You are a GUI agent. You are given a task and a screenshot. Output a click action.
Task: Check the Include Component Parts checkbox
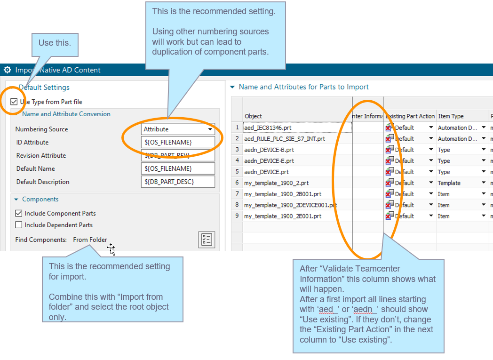[x=19, y=213]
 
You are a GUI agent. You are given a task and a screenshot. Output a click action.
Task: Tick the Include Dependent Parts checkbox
[x=19, y=225]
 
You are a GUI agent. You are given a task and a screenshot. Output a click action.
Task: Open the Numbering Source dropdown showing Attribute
[x=178, y=129]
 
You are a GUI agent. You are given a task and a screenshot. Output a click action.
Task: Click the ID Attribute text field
[x=178, y=142]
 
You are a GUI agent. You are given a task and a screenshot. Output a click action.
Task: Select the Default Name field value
[x=178, y=168]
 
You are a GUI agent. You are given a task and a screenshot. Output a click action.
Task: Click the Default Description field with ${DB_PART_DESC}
[x=178, y=182]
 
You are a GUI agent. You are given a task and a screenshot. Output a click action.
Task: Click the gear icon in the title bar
[x=7, y=70]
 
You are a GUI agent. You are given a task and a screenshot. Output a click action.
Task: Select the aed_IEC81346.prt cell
[x=269, y=128]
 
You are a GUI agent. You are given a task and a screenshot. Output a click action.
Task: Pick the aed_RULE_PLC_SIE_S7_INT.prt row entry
[x=284, y=139]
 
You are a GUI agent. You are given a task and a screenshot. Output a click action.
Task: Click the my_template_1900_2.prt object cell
[x=276, y=183]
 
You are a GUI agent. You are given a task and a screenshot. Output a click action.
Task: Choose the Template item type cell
[x=449, y=183]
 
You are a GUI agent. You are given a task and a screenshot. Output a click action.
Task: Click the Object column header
[x=254, y=116]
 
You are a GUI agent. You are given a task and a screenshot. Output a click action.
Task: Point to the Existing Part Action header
[x=410, y=116]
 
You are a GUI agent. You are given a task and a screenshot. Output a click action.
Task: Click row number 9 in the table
[x=238, y=216]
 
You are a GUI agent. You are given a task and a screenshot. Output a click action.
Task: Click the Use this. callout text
[x=55, y=43]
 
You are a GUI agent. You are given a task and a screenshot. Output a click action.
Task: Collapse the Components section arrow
[x=16, y=200]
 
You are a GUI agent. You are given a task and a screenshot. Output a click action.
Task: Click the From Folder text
[x=90, y=240]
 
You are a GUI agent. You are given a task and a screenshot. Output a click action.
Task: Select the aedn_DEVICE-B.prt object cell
[x=269, y=150]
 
